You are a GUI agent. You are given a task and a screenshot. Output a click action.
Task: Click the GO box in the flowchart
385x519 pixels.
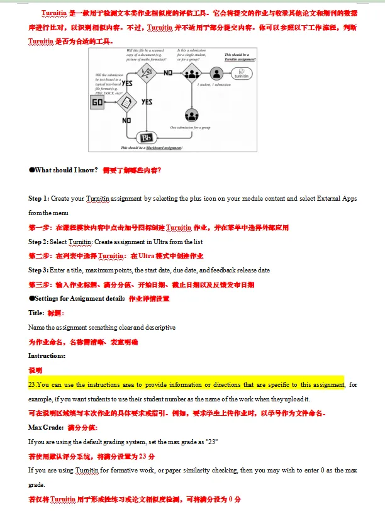tap(98, 101)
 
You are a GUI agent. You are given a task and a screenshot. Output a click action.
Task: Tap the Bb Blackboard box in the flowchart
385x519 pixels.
tap(147, 138)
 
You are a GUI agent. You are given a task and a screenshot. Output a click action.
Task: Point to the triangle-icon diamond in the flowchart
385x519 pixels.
tap(147, 74)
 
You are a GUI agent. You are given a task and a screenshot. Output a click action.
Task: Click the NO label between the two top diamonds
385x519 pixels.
tap(168, 72)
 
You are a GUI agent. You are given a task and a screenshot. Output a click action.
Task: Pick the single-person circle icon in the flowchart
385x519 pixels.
tap(216, 74)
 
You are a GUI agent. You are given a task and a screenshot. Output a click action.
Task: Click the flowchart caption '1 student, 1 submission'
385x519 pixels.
tap(215, 85)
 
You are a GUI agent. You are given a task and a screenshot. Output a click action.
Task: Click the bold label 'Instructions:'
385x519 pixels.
tap(47, 356)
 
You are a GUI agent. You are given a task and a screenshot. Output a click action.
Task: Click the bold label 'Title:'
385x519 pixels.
tap(36, 313)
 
